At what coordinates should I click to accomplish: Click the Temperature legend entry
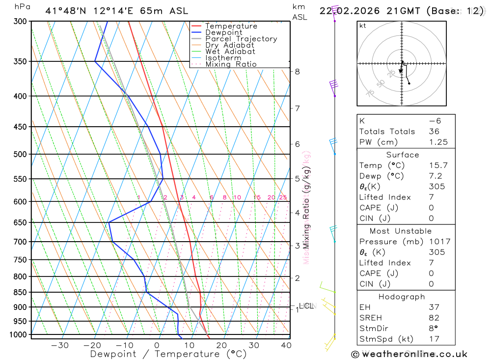(x=231, y=26)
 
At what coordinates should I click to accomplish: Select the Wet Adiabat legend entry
(x=230, y=52)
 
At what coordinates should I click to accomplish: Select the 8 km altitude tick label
(x=297, y=71)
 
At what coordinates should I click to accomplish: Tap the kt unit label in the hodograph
(x=363, y=26)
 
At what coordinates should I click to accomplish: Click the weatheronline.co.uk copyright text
(x=409, y=354)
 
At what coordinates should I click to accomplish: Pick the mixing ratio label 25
(x=283, y=197)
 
